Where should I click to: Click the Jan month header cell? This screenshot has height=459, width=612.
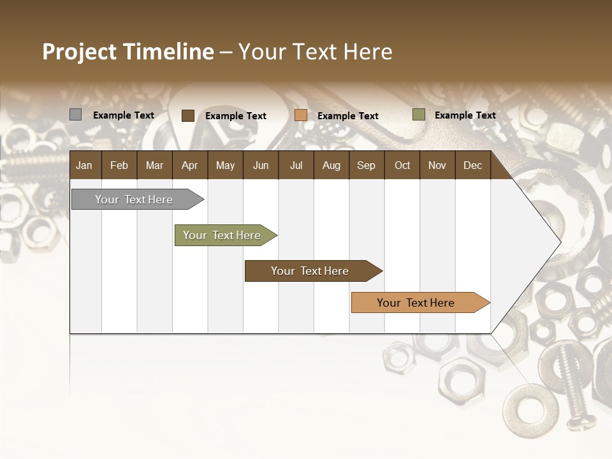(85, 165)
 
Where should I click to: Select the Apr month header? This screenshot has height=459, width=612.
(189, 165)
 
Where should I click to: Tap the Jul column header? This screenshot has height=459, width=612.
(296, 165)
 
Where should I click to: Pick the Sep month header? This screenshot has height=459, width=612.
(366, 165)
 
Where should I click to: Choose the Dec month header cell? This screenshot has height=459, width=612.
(472, 165)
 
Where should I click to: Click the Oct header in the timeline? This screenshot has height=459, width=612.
(402, 165)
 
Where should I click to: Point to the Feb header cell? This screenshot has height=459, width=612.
(119, 165)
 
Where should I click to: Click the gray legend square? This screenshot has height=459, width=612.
(75, 115)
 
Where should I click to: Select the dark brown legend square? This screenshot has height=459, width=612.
(187, 115)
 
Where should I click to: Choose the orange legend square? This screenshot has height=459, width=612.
(301, 115)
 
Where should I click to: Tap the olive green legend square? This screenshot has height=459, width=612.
(418, 115)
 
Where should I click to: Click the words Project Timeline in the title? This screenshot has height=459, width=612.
(127, 52)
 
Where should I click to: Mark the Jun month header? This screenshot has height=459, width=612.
(260, 165)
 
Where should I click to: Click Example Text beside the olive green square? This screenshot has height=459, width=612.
(465, 115)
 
